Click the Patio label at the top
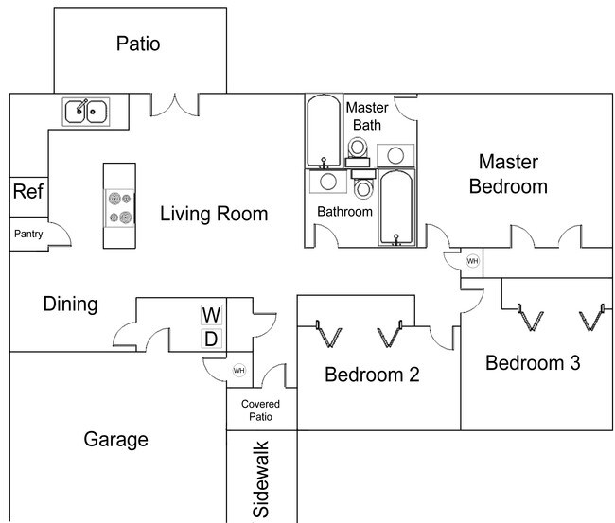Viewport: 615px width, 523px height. pyautogui.click(x=138, y=44)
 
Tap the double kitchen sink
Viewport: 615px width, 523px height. pyautogui.click(x=85, y=112)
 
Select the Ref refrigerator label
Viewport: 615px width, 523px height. pyautogui.click(x=26, y=192)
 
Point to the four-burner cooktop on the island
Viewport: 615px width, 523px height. pyautogui.click(x=120, y=207)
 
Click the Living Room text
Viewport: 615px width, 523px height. pyautogui.click(x=213, y=214)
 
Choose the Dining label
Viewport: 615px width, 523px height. pyautogui.click(x=70, y=304)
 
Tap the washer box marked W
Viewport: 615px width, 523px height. pyautogui.click(x=211, y=314)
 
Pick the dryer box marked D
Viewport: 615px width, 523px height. pyautogui.click(x=211, y=338)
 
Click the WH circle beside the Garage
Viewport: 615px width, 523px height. pyautogui.click(x=238, y=371)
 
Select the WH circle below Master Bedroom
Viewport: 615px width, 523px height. pyautogui.click(x=472, y=261)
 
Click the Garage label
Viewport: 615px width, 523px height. pyautogui.click(x=115, y=439)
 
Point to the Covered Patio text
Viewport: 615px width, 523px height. pyautogui.click(x=260, y=410)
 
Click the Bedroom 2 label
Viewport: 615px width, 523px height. pyautogui.click(x=372, y=374)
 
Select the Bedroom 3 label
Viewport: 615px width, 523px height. pyautogui.click(x=533, y=362)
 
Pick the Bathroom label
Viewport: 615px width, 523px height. pyautogui.click(x=344, y=211)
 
